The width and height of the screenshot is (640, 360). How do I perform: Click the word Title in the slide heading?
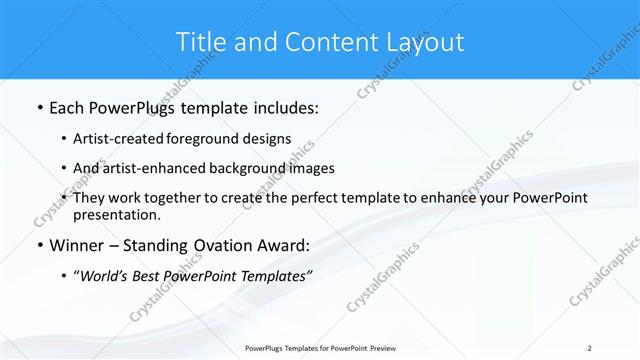pyautogui.click(x=200, y=42)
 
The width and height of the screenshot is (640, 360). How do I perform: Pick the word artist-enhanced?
pyautogui.click(x=155, y=168)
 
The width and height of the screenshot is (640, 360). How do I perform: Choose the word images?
pyautogui.click(x=311, y=168)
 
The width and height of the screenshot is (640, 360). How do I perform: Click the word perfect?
pyautogui.click(x=312, y=198)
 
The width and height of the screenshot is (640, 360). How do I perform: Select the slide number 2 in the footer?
pyautogui.click(x=589, y=348)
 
